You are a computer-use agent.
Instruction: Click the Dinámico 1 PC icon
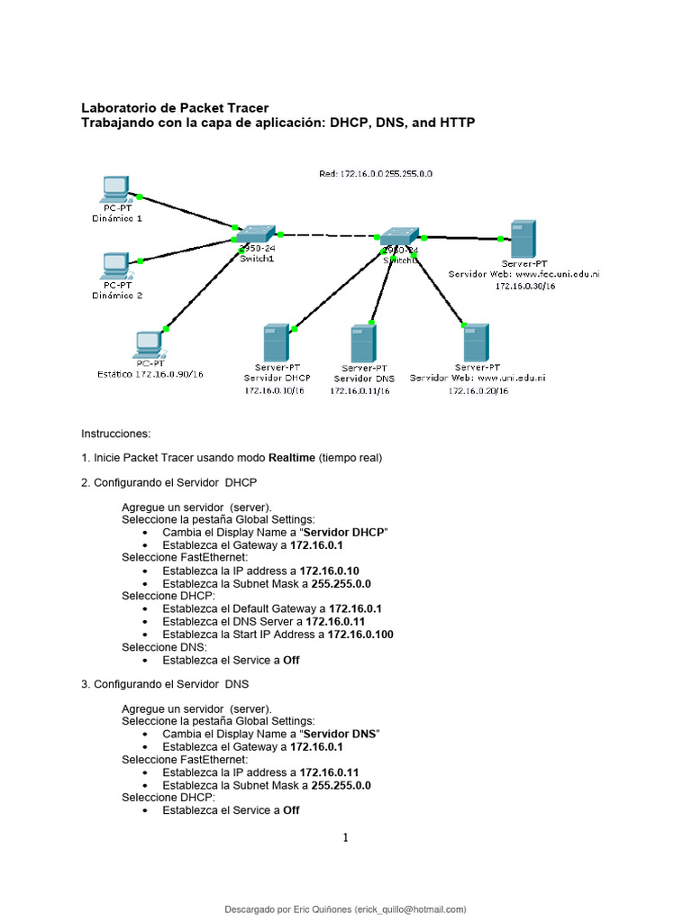(x=114, y=188)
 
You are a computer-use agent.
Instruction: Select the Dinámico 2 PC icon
(x=114, y=265)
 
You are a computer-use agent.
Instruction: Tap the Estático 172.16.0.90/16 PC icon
(x=146, y=343)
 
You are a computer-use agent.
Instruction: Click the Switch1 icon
(x=256, y=233)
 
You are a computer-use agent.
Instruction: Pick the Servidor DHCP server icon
(x=274, y=344)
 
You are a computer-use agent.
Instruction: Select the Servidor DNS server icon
(x=363, y=344)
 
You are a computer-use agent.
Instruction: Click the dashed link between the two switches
(x=329, y=235)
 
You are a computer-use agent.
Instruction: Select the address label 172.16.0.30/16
(x=525, y=286)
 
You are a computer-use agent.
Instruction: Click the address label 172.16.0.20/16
(x=479, y=391)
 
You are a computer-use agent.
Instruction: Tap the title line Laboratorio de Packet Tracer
(x=175, y=108)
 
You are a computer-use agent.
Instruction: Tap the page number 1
(x=345, y=837)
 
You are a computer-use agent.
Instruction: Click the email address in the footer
(x=410, y=909)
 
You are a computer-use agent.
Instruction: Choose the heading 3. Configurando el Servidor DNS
(x=165, y=684)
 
